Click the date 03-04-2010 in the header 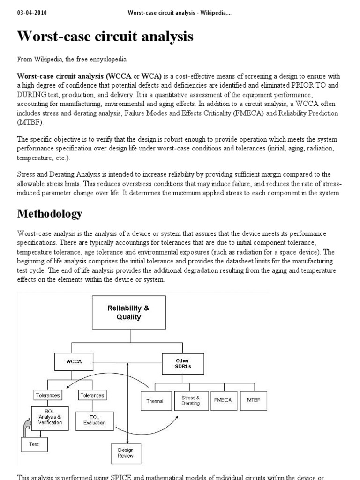pyautogui.click(x=33, y=13)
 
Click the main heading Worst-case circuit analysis pyautogui.click(x=105, y=37)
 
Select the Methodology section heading pyautogui.click(x=50, y=214)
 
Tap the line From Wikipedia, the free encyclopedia pyautogui.click(x=72, y=60)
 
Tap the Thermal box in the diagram pyautogui.click(x=155, y=401)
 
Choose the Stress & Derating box pyautogui.click(x=190, y=400)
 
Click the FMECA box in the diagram pyautogui.click(x=223, y=400)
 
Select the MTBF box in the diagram pyautogui.click(x=253, y=400)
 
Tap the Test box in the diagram pyautogui.click(x=34, y=444)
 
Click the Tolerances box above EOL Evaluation pyautogui.click(x=92, y=395)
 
